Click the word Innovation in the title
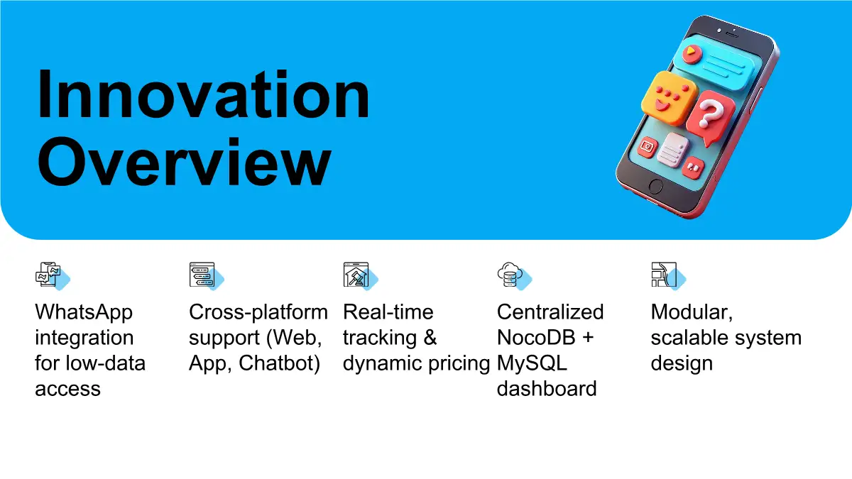point(204,94)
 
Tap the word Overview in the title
point(184,162)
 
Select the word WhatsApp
point(84,313)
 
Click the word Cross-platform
point(258,313)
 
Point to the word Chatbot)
point(280,363)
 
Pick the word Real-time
point(388,312)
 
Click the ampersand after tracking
point(430,338)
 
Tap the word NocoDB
point(536,338)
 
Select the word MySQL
point(532,363)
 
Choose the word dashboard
point(547,389)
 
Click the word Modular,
point(692,313)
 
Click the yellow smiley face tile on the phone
point(669,99)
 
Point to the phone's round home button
point(655,186)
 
